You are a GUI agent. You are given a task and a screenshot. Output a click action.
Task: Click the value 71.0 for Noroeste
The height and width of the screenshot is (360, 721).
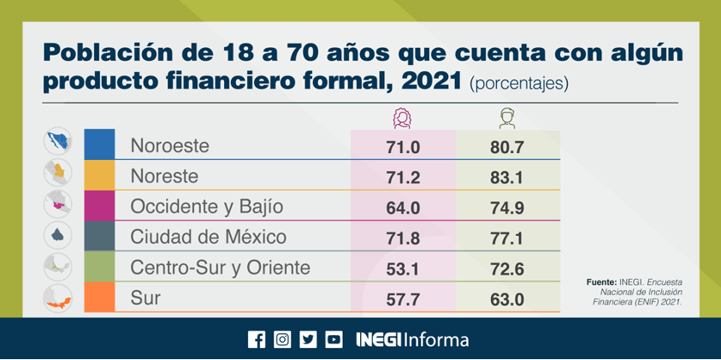tap(403, 146)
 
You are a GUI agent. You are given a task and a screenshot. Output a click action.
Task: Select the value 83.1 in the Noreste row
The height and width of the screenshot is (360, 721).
tap(507, 177)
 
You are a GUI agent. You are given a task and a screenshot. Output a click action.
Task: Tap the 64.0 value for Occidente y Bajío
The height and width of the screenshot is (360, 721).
tap(403, 207)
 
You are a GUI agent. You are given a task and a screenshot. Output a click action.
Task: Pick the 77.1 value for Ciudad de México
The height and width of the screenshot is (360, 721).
tap(507, 238)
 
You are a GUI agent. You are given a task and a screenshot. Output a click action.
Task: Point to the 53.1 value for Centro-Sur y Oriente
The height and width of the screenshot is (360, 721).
tap(403, 269)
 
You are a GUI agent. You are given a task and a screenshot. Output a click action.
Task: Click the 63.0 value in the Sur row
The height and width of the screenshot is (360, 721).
tap(507, 299)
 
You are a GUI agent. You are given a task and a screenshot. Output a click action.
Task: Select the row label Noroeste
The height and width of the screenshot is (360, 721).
tap(169, 146)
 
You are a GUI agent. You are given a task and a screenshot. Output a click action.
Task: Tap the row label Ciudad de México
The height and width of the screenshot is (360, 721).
tap(208, 237)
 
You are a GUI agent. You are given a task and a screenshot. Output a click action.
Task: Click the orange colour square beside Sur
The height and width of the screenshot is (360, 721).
tap(100, 298)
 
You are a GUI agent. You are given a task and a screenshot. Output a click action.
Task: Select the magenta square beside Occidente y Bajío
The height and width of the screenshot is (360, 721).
tap(100, 205)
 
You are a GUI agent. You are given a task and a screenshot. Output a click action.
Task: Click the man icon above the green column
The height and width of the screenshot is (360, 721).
tap(506, 117)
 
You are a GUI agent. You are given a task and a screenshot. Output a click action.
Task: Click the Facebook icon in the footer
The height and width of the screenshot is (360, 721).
tap(256, 339)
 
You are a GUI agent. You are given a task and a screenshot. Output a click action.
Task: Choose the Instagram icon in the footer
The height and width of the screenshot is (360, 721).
tap(282, 339)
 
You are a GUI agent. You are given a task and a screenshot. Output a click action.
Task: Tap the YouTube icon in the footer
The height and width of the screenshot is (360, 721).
tap(334, 339)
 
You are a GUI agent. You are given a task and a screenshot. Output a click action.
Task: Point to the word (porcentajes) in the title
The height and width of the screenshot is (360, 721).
tap(518, 84)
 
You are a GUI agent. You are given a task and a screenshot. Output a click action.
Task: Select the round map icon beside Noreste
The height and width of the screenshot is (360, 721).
tap(58, 174)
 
